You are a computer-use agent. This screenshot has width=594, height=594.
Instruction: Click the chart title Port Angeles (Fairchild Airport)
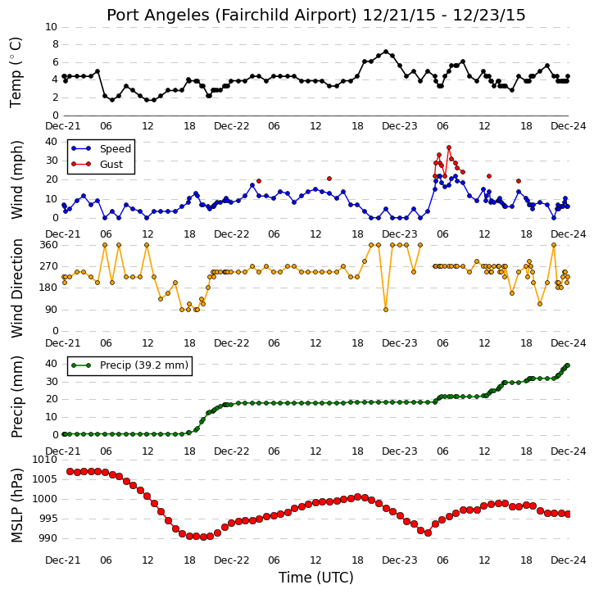[232, 16]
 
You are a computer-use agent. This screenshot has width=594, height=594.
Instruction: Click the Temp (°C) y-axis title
[16, 72]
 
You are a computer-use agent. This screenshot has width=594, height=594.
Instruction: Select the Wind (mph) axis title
[16, 179]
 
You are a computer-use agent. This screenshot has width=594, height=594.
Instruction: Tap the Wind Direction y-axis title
[16, 288]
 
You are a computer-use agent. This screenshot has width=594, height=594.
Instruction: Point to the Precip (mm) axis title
[16, 397]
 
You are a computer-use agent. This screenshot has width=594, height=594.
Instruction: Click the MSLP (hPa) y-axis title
[16, 506]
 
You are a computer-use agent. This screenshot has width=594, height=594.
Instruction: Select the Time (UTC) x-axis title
[316, 578]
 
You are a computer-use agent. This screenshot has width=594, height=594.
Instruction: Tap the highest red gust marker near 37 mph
[449, 147]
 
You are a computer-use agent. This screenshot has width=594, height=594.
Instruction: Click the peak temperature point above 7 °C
[386, 52]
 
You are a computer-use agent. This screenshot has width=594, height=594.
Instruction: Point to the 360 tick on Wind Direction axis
[50, 245]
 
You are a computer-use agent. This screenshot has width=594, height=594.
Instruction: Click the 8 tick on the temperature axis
[56, 44]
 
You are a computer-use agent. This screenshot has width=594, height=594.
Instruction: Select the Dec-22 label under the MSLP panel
[232, 560]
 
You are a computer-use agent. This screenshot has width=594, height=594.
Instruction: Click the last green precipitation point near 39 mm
[568, 365]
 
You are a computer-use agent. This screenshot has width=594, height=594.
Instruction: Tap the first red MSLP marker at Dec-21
[70, 472]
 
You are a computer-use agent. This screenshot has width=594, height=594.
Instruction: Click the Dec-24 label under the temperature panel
[569, 126]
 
